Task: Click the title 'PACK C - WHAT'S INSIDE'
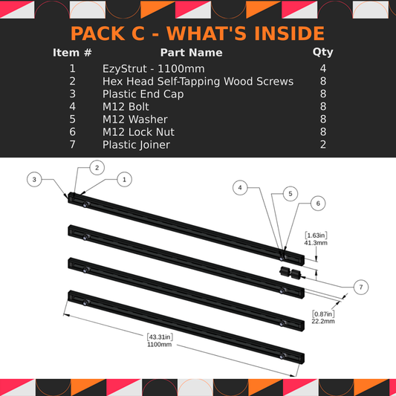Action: (x=198, y=33)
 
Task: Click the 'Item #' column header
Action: (x=72, y=53)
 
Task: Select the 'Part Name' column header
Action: (x=191, y=53)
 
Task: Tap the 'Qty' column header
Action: (x=323, y=53)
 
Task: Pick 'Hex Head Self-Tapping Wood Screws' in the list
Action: (x=198, y=81)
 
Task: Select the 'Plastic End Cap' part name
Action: (x=143, y=94)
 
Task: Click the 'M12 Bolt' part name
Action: (x=126, y=106)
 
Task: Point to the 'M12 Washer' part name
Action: (x=135, y=119)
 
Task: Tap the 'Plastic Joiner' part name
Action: (x=136, y=144)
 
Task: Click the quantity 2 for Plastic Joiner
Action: (x=323, y=144)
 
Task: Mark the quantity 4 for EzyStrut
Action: (x=323, y=68)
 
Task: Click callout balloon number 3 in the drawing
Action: (x=34, y=179)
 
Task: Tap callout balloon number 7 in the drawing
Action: (x=360, y=287)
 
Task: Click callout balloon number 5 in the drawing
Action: (x=283, y=192)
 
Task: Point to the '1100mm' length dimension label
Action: (x=159, y=344)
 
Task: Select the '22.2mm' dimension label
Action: (x=323, y=321)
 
